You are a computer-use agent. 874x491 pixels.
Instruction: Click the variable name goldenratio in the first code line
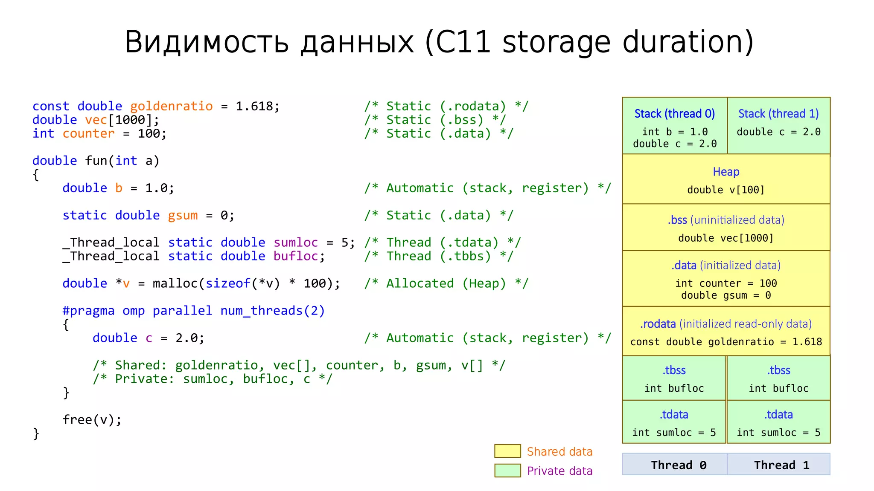click(171, 106)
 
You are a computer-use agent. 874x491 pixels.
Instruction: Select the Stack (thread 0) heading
click(674, 114)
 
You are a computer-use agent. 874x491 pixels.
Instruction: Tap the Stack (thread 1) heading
click(778, 114)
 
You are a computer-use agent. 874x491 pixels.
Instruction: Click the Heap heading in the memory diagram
click(725, 172)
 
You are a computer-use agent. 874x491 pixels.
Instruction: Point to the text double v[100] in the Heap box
click(725, 190)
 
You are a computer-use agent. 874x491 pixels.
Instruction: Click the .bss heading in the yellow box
click(677, 220)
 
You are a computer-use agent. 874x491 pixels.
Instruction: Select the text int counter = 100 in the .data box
click(725, 283)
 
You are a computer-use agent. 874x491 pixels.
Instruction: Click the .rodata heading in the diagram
click(658, 324)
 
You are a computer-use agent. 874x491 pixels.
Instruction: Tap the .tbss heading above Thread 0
click(674, 370)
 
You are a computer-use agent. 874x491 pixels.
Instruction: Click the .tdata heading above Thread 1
click(778, 415)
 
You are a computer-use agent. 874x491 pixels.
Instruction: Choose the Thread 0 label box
click(675, 465)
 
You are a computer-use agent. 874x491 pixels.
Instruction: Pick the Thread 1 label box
click(779, 465)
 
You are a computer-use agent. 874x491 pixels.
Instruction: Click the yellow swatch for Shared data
click(507, 451)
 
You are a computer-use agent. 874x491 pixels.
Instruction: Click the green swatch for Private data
click(507, 471)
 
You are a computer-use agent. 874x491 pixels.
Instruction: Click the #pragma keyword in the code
click(88, 311)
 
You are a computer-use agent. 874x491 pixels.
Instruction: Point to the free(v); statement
click(92, 420)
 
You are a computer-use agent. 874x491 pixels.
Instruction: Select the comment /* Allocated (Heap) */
click(446, 283)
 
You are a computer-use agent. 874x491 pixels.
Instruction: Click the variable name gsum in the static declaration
click(183, 215)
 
